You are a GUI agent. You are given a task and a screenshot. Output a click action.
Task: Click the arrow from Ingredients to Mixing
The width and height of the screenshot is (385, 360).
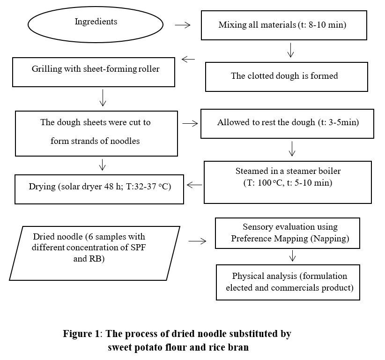pos(183,25)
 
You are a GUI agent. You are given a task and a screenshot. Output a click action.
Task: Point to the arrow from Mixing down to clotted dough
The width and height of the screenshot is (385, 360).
pos(291,50)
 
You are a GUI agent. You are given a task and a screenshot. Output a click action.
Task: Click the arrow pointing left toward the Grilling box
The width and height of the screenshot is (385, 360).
pos(188,59)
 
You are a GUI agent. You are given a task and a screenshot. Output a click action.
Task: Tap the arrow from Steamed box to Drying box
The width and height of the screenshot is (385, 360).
pos(194,185)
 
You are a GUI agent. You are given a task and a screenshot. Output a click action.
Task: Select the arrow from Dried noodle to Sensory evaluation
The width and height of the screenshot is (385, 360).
pos(197,241)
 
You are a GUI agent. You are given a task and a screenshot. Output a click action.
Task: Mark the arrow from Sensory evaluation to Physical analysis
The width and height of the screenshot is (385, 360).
pos(292,255)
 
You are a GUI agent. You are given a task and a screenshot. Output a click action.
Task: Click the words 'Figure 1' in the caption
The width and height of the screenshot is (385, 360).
pos(81,334)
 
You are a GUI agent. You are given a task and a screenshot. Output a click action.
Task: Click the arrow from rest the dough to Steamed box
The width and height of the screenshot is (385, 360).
pos(292,149)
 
